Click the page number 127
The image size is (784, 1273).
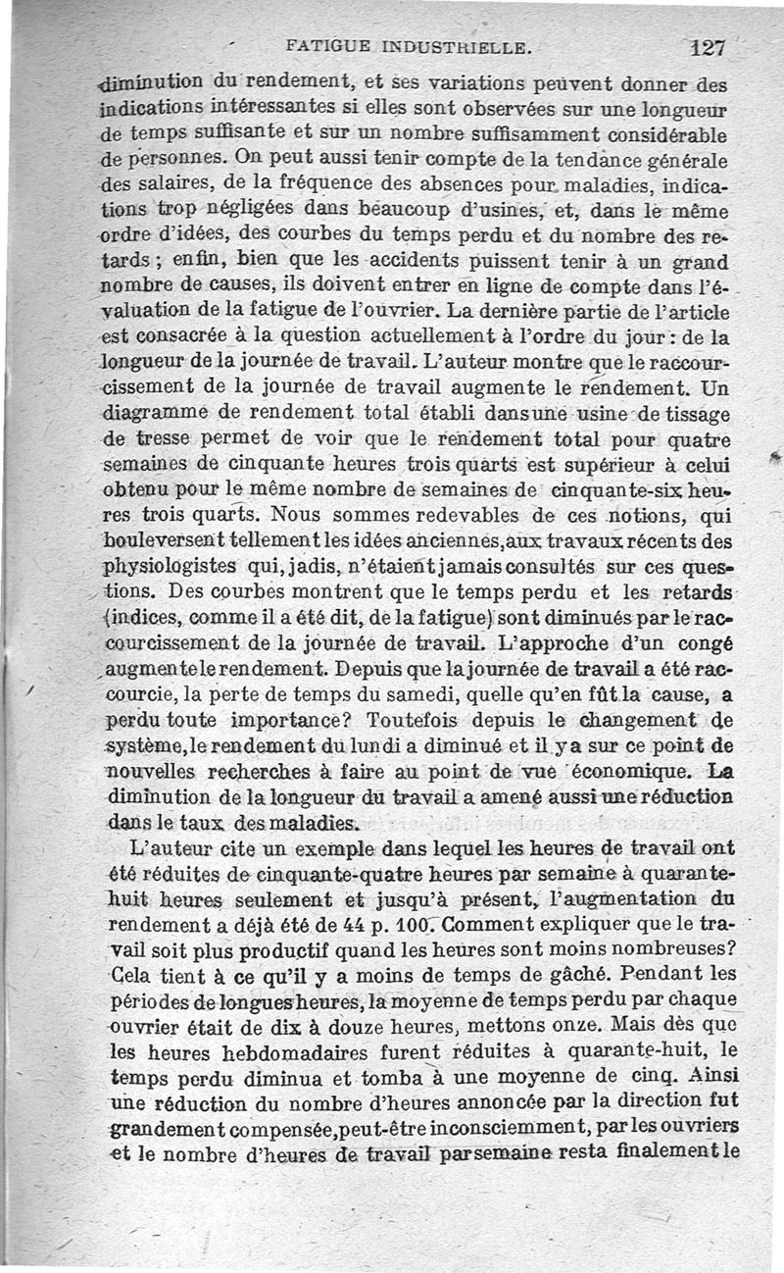pyautogui.click(x=706, y=45)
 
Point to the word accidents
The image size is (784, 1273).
pyautogui.click(x=413, y=263)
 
